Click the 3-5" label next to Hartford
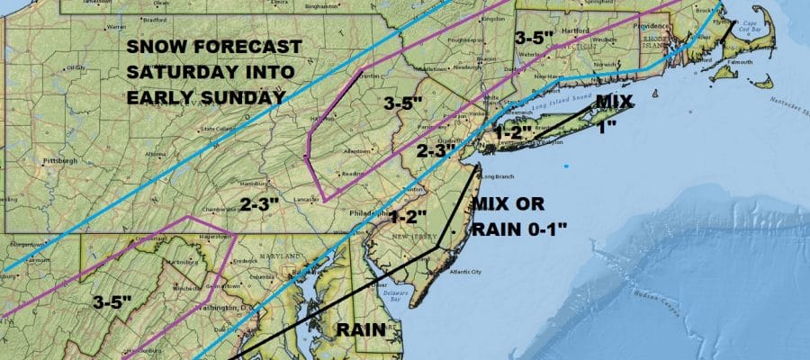click(537, 38)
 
